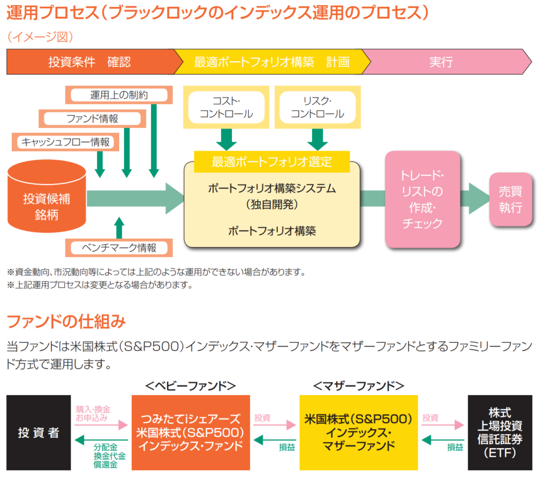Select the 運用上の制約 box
coord(119,95)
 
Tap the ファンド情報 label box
coord(92,119)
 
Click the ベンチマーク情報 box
coord(119,247)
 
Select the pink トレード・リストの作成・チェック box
coord(422,199)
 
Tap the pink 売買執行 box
coord(510,199)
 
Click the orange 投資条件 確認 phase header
coord(90,62)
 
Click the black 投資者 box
coord(38,432)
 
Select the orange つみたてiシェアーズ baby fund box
coord(190,432)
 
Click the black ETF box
coord(500,432)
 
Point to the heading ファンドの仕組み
coord(66,320)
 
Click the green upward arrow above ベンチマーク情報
coord(119,228)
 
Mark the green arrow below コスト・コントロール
coord(226,140)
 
